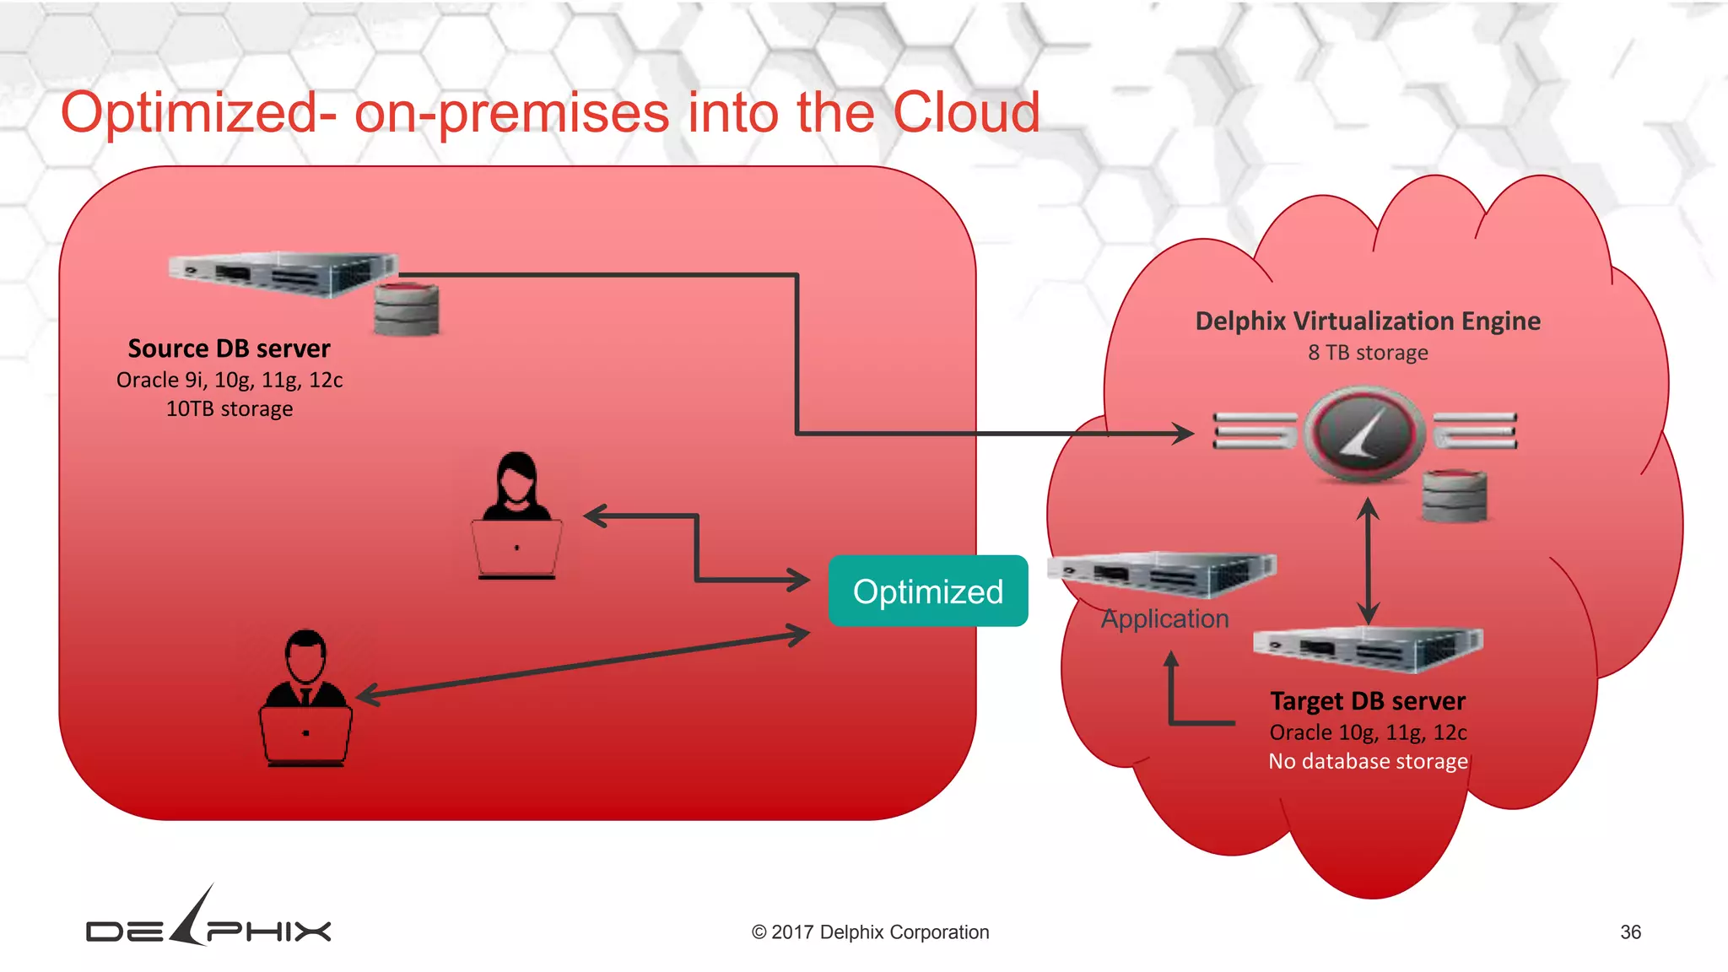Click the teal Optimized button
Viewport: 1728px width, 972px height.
click(927, 591)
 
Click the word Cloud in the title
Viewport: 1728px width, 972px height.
click(966, 112)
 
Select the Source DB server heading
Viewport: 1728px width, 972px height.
click(229, 348)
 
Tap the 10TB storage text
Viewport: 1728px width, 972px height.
click(229, 409)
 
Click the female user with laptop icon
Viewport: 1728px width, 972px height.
click(516, 516)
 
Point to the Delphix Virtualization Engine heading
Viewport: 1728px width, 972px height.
click(1368, 321)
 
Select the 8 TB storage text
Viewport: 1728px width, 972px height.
click(1368, 353)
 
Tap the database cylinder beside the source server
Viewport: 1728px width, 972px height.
click(407, 309)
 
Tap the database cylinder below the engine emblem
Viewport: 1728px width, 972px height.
click(1454, 496)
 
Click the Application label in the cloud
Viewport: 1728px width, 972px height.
click(1164, 618)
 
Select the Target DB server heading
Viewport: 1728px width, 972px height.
click(1368, 701)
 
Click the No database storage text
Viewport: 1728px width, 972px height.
click(1368, 761)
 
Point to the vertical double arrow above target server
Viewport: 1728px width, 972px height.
click(1368, 561)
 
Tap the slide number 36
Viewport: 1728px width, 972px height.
click(1630, 932)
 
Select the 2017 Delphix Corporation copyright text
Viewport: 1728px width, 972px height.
click(870, 932)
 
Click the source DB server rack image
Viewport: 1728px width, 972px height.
click(283, 273)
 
